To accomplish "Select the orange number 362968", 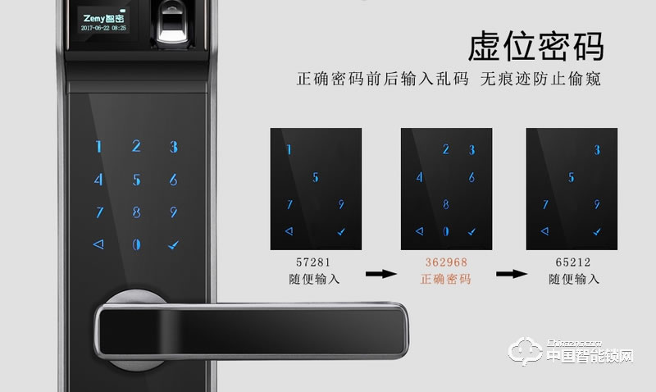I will [445, 263].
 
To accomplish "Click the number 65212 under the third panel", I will [573, 263].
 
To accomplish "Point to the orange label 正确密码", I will [445, 280].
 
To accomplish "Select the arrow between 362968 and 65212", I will [510, 271].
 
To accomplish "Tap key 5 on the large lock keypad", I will [136, 180].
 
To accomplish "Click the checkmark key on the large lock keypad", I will [173, 244].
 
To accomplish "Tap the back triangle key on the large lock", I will [99, 244].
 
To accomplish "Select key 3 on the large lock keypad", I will [173, 148].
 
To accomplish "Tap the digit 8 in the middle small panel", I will [445, 204].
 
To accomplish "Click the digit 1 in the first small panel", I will [289, 150].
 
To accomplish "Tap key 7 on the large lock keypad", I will [99, 212].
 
